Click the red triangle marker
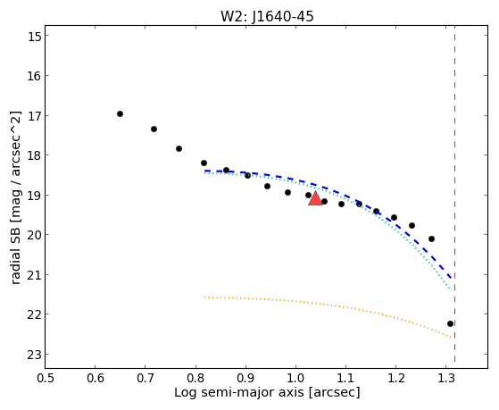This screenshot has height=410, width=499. [x=315, y=198]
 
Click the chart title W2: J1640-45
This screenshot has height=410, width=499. [x=267, y=17]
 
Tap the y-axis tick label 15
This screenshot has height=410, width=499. [x=34, y=36]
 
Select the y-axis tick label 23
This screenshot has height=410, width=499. [x=34, y=355]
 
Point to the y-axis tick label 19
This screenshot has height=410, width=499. [x=34, y=196]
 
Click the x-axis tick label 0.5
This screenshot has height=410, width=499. [x=46, y=379]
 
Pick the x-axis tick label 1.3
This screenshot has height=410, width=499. [x=446, y=379]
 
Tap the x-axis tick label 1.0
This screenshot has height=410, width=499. [x=295, y=379]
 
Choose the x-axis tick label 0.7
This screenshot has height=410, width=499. [x=146, y=379]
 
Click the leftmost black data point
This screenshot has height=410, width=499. [x=120, y=114]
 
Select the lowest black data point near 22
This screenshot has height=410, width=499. [x=450, y=324]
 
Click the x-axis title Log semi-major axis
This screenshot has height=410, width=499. [x=239, y=393]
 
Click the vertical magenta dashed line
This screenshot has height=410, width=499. [x=454, y=194]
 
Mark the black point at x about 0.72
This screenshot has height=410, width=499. [x=154, y=129]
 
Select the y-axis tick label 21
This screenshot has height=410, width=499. [x=34, y=275]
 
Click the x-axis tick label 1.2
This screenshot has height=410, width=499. [x=396, y=379]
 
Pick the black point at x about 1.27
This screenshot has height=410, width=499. [x=431, y=238]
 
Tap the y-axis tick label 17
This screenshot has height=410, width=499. [x=34, y=115]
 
